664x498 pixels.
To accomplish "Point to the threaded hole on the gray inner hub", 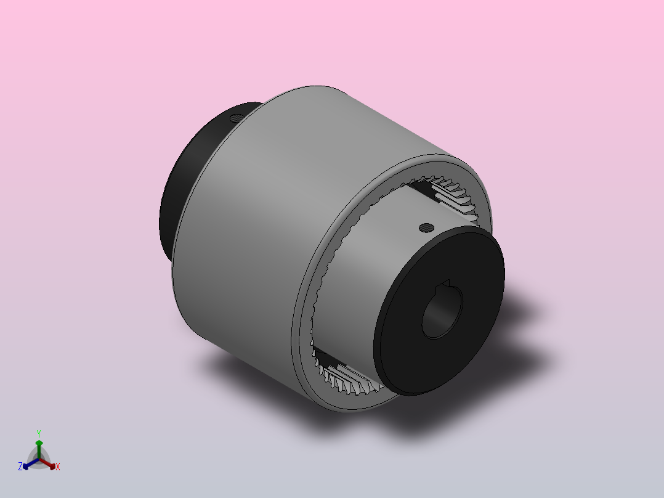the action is pos(426,228).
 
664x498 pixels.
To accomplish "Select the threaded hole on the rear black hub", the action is pos(237,118).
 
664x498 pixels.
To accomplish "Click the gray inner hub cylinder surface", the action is pos(360,276).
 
